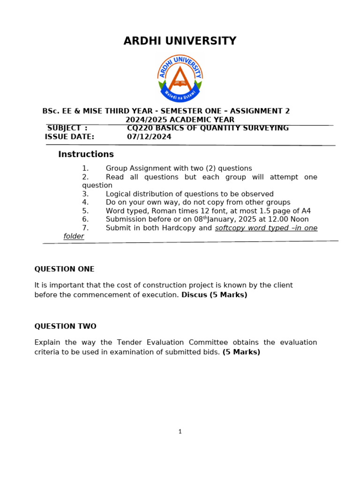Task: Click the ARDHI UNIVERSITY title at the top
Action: point(180,41)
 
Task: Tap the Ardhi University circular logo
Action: point(180,78)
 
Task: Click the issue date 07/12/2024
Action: point(149,137)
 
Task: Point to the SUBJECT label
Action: point(64,128)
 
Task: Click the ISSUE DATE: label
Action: point(69,137)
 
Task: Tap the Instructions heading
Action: point(86,154)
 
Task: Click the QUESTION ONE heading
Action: point(64,269)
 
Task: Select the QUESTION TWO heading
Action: point(65,326)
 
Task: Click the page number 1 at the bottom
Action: point(180,432)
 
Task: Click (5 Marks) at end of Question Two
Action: point(241,352)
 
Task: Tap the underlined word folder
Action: point(74,236)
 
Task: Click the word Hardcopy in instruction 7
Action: point(180,228)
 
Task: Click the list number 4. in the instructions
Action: point(85,202)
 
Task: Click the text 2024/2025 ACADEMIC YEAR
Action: point(180,120)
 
